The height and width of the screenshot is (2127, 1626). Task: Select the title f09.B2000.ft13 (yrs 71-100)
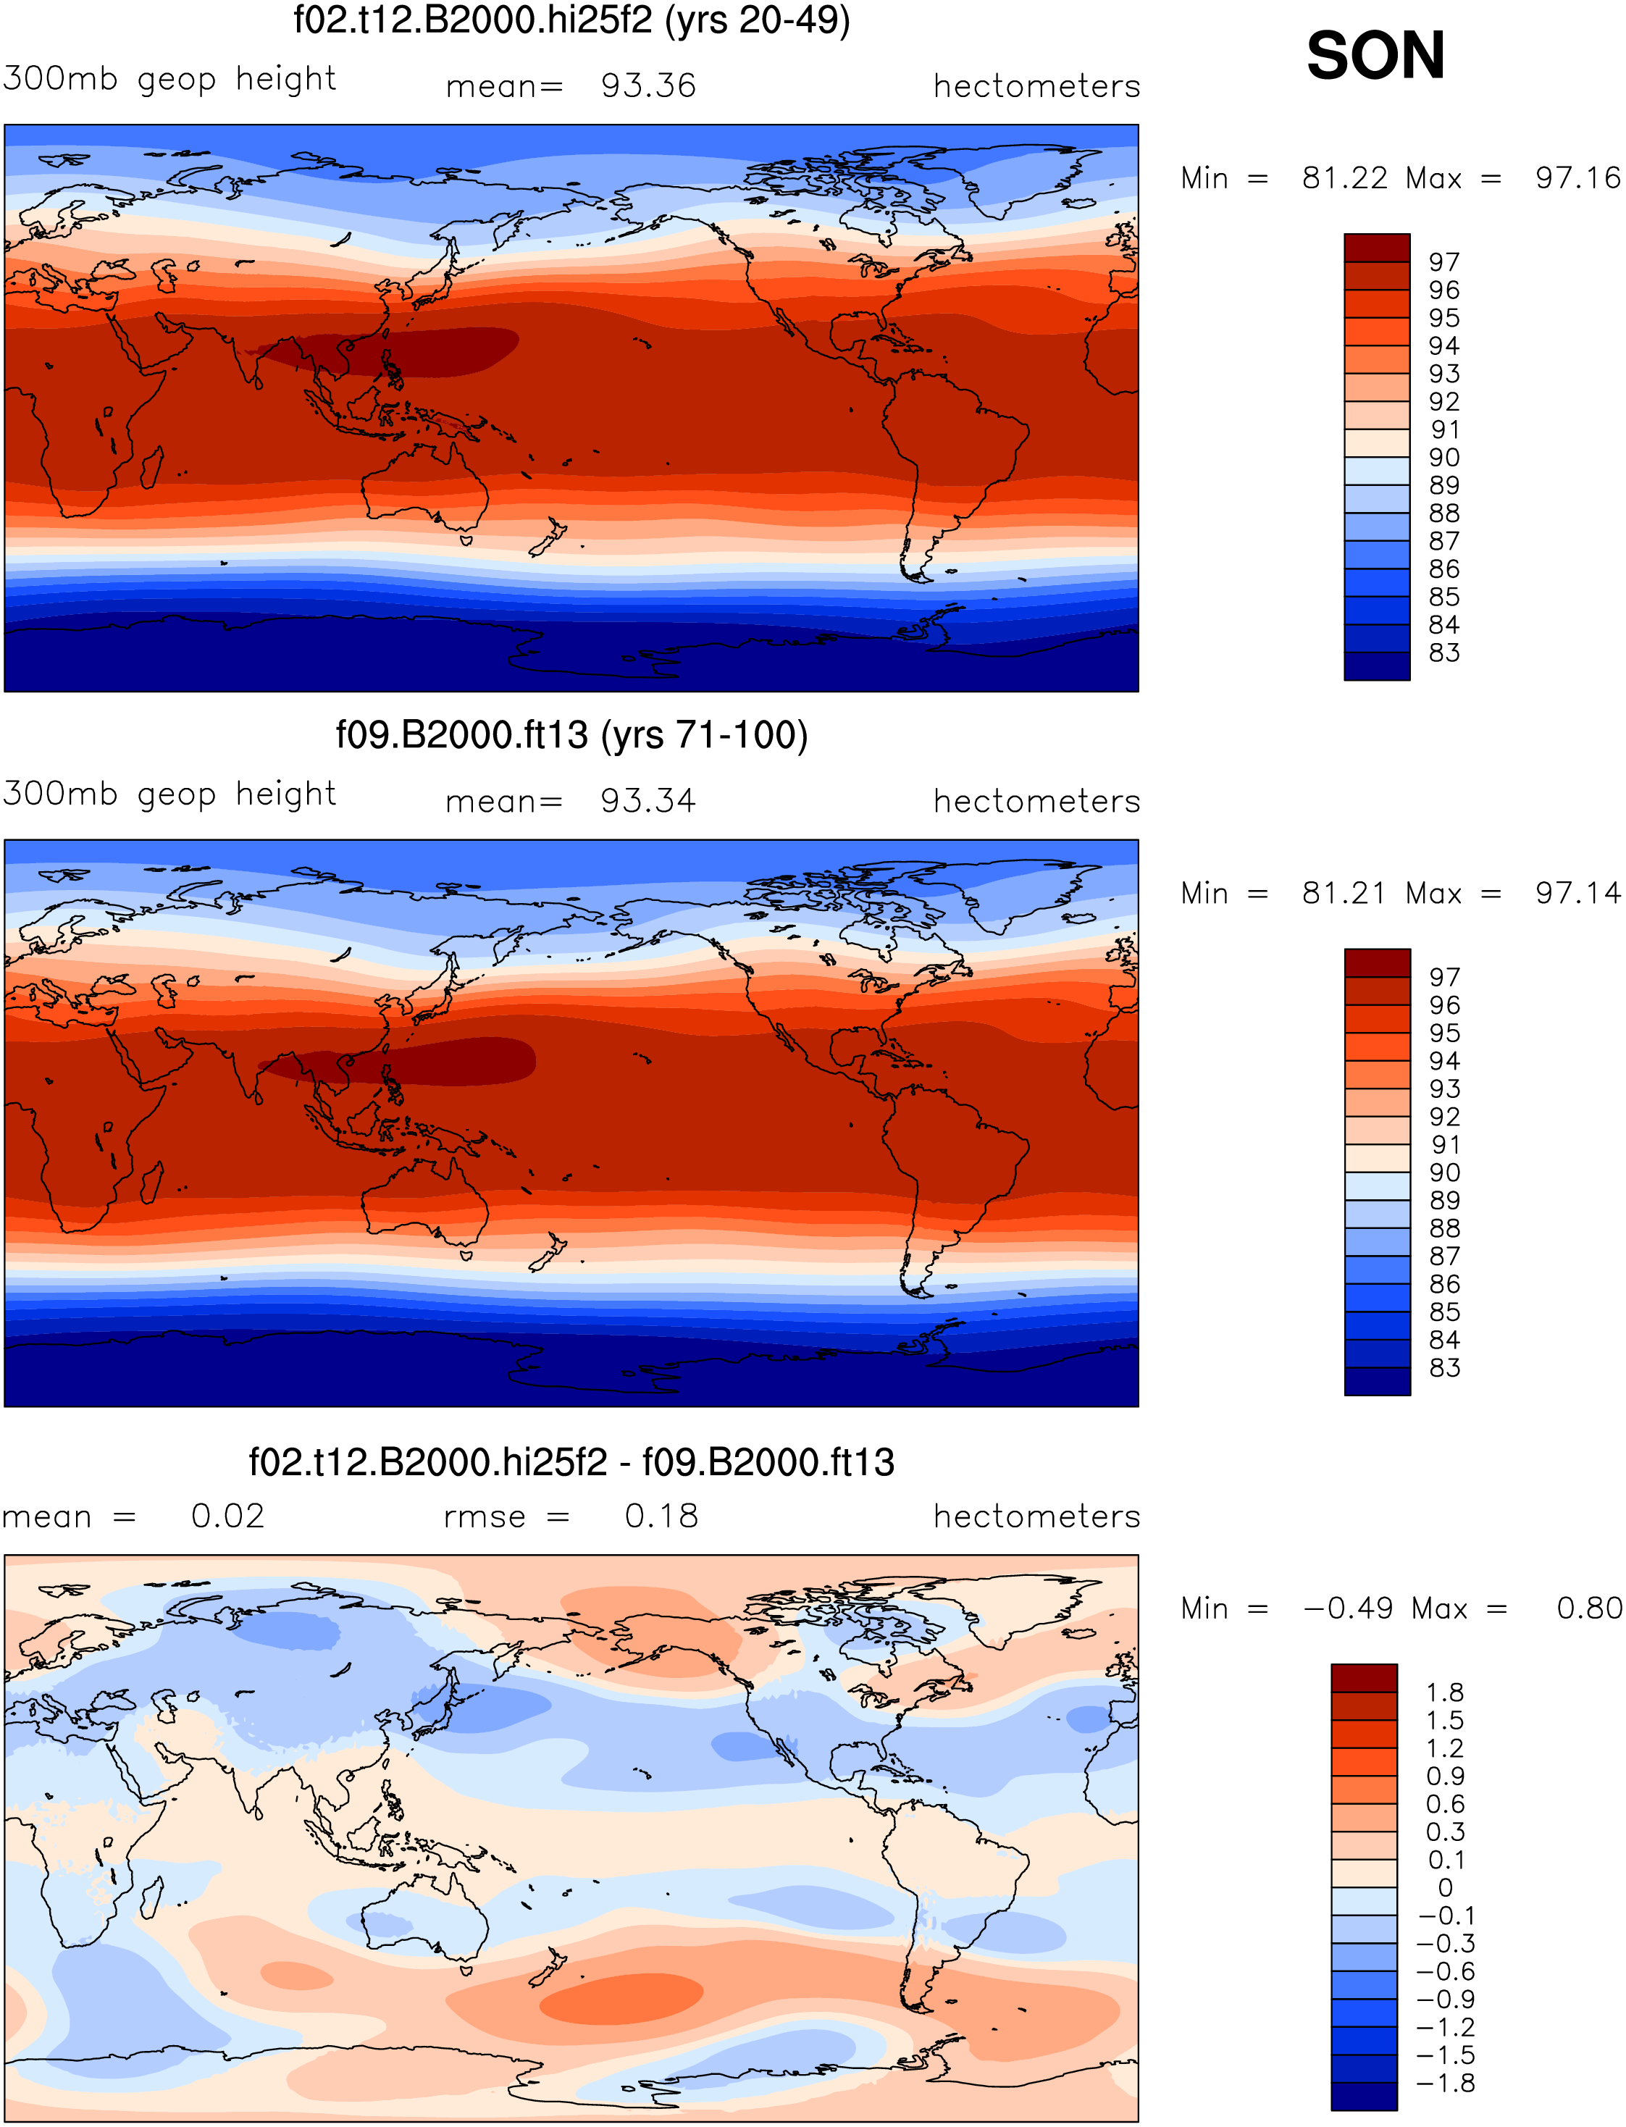571,736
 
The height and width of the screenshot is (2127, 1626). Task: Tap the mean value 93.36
648,85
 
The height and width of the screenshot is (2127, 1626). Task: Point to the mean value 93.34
648,800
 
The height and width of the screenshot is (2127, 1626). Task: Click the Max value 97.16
1577,178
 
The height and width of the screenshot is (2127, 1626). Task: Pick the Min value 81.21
1344,893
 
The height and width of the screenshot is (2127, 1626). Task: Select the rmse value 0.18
661,1516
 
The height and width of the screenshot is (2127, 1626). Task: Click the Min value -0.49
1348,1608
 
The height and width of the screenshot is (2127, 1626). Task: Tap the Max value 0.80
1589,1608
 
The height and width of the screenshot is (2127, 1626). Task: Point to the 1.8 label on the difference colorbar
1444,1692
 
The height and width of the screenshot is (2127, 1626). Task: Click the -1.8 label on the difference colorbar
1446,2083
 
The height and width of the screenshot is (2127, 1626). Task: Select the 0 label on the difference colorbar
1445,1888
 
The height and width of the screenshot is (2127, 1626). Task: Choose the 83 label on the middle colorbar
1444,1367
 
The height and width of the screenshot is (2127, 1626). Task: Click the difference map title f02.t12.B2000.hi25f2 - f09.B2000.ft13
571,1461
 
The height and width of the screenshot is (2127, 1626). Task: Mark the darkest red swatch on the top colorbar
1376,248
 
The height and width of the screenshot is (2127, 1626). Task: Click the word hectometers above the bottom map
1036,1516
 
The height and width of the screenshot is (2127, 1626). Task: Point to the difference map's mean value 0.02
227,1516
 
